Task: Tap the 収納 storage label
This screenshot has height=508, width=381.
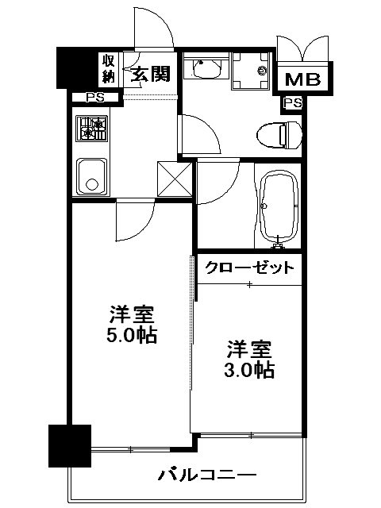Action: click(109, 69)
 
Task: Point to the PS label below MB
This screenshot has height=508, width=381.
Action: click(292, 103)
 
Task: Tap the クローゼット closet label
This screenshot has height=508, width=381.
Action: click(250, 267)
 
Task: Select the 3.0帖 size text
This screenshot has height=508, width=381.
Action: click(250, 369)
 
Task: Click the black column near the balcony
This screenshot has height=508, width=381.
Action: click(67, 445)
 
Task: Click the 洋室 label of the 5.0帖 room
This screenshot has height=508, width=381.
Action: click(131, 313)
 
